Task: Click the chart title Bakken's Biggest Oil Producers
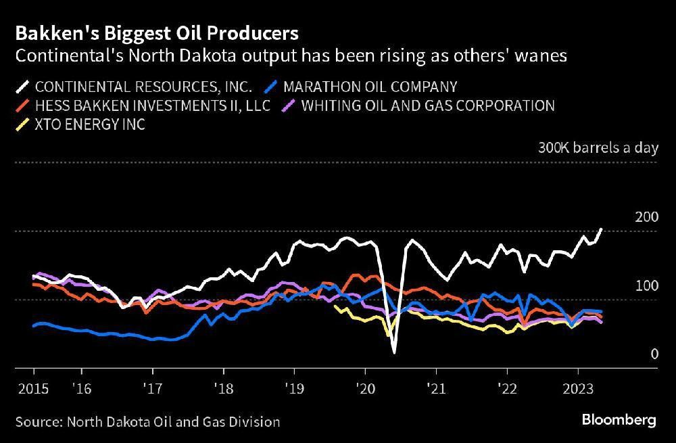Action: point(157,32)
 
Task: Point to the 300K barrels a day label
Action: point(598,148)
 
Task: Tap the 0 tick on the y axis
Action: point(654,354)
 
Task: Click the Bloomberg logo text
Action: point(619,420)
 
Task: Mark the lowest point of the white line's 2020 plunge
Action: point(393,352)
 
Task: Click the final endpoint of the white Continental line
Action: point(601,229)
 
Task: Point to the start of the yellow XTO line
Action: point(335,306)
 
